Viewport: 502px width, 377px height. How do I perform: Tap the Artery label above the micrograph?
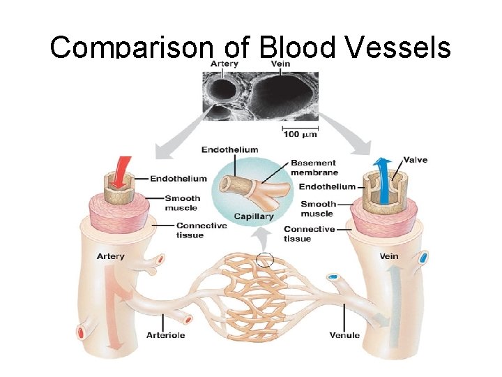225,64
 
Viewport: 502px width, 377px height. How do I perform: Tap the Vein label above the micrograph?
282,64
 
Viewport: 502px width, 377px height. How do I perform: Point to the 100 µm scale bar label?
301,133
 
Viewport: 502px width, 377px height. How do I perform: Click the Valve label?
416,161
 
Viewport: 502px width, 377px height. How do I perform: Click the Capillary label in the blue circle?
254,216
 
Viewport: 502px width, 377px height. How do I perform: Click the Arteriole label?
165,335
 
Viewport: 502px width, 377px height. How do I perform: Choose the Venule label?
344,335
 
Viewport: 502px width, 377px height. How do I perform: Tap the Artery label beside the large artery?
110,256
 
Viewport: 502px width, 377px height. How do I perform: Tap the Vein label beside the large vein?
389,256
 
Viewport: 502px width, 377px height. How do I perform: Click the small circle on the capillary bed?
265,260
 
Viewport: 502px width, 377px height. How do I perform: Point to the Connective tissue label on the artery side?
201,230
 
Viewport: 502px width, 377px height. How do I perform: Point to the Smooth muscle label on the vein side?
317,209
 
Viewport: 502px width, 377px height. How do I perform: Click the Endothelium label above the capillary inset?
229,149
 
